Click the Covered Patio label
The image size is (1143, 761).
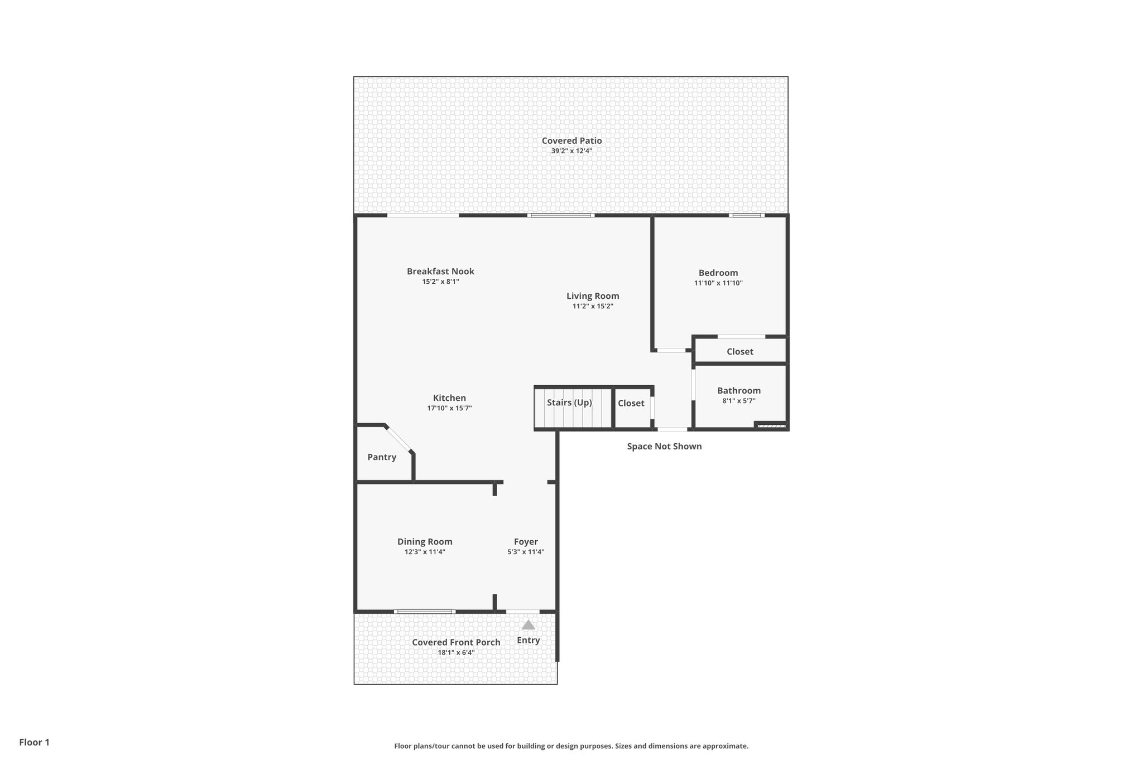571,141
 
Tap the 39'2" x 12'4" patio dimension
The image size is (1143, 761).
571,151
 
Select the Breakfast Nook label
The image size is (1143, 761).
440,272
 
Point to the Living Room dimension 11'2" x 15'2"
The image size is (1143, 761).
593,306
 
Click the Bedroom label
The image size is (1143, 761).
718,273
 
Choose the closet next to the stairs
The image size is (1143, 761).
631,403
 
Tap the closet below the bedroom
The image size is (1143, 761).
739,352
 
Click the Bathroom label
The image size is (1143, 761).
738,391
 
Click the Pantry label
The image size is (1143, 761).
382,457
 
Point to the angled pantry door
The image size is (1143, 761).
399,439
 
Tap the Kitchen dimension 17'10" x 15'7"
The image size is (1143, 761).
449,408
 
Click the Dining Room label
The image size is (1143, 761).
425,542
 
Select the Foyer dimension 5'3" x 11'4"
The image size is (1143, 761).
525,552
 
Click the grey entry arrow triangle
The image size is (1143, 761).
528,625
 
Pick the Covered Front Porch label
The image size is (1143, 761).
456,642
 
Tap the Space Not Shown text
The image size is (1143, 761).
664,447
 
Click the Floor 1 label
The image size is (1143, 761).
34,742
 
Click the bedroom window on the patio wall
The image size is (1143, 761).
746,215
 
